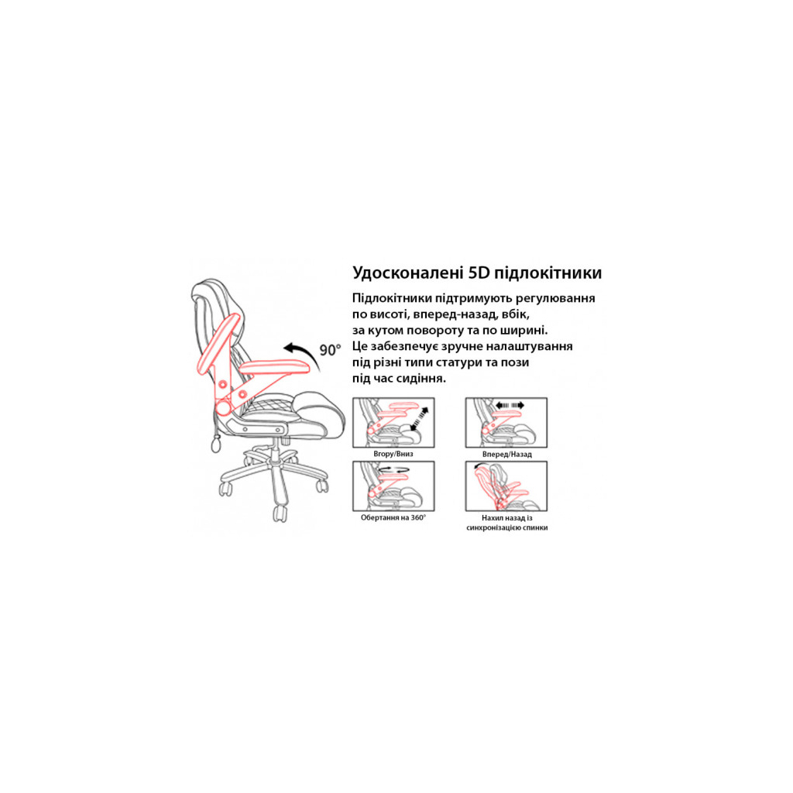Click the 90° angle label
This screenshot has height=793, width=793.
pyautogui.click(x=330, y=350)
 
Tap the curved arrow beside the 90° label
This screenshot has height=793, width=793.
pyautogui.click(x=304, y=350)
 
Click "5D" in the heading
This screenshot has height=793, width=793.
pyautogui.click(x=479, y=273)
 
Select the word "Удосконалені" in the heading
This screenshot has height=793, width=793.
pyautogui.click(x=407, y=273)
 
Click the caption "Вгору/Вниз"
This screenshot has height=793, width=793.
pyautogui.click(x=393, y=454)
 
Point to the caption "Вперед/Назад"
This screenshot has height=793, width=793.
pyautogui.click(x=506, y=454)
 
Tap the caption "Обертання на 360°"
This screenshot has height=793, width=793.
pyautogui.click(x=393, y=517)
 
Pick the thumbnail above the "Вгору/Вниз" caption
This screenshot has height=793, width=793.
pyautogui.click(x=393, y=422)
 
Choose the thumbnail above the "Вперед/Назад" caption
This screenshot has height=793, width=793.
pyautogui.click(x=506, y=422)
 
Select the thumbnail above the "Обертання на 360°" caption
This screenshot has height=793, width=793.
pyautogui.click(x=393, y=486)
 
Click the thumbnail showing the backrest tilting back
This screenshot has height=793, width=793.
pyautogui.click(x=506, y=486)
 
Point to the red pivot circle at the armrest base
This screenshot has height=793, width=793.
pyautogui.click(x=223, y=407)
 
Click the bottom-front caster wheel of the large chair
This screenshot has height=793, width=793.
pyautogui.click(x=280, y=513)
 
